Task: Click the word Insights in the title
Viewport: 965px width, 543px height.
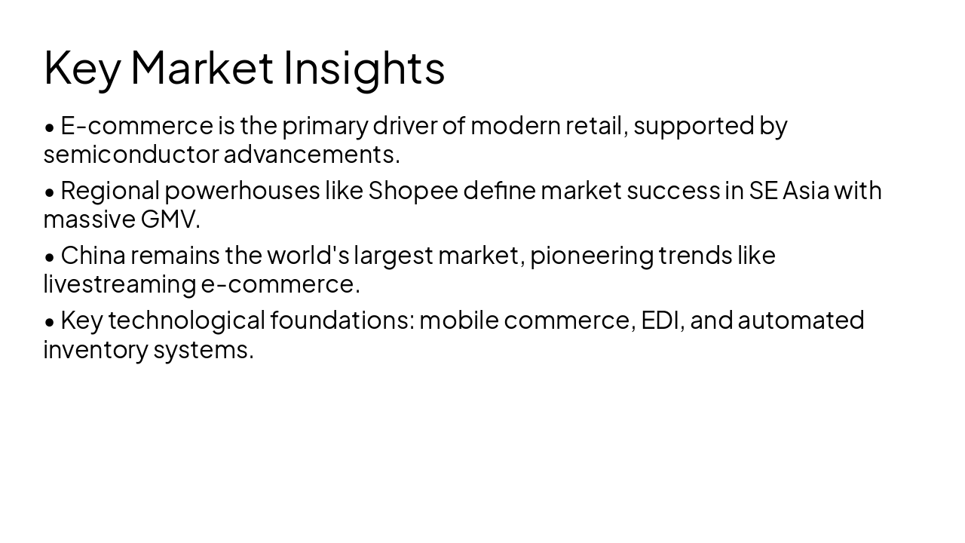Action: [x=364, y=68]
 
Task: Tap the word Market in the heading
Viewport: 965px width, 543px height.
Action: [x=202, y=68]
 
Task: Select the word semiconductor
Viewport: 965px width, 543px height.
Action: [x=131, y=155]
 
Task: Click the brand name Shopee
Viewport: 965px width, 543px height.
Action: [x=413, y=191]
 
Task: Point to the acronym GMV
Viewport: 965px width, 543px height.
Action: [x=170, y=219]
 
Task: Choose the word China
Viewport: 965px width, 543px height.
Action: [x=93, y=256]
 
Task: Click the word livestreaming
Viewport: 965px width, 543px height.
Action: [x=120, y=284]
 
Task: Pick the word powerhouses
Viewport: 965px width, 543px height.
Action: [x=243, y=191]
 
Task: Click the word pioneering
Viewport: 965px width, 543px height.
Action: [x=592, y=256]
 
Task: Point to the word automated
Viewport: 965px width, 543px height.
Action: [x=801, y=321]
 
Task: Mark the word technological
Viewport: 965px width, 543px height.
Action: [x=186, y=321]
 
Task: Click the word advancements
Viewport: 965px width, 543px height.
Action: [x=311, y=155]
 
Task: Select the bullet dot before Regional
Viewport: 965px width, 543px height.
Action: [x=50, y=192]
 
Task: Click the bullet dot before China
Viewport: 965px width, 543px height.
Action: [x=50, y=257]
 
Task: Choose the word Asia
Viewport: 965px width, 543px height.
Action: [x=806, y=191]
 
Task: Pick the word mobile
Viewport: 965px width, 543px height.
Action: [x=459, y=321]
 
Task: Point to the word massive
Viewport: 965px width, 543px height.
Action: [x=89, y=219]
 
